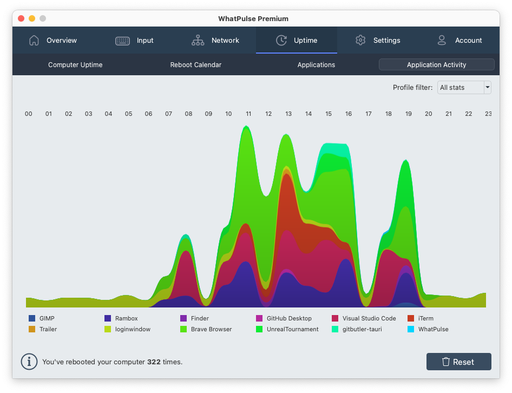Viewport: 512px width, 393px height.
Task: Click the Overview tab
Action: point(53,41)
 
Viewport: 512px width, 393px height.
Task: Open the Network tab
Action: point(215,41)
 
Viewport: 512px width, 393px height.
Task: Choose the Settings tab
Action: point(378,41)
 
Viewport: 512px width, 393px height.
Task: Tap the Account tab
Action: point(459,41)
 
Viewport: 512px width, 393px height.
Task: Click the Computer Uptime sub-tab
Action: point(75,65)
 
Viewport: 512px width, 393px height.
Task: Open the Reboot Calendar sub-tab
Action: point(196,65)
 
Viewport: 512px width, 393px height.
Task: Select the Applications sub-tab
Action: point(316,65)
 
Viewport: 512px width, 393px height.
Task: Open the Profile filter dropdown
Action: point(464,87)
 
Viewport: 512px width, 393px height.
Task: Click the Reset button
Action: point(458,362)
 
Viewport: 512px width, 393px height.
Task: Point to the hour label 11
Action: point(248,114)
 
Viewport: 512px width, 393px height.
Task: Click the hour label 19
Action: point(409,114)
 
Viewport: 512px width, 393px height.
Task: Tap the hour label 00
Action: point(29,114)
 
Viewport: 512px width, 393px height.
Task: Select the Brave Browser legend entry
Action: point(206,329)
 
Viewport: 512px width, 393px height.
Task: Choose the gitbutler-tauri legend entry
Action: point(357,329)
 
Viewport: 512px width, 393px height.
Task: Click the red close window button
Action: point(21,18)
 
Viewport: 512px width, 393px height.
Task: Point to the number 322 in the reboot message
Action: point(154,362)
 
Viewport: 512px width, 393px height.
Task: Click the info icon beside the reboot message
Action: point(29,362)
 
